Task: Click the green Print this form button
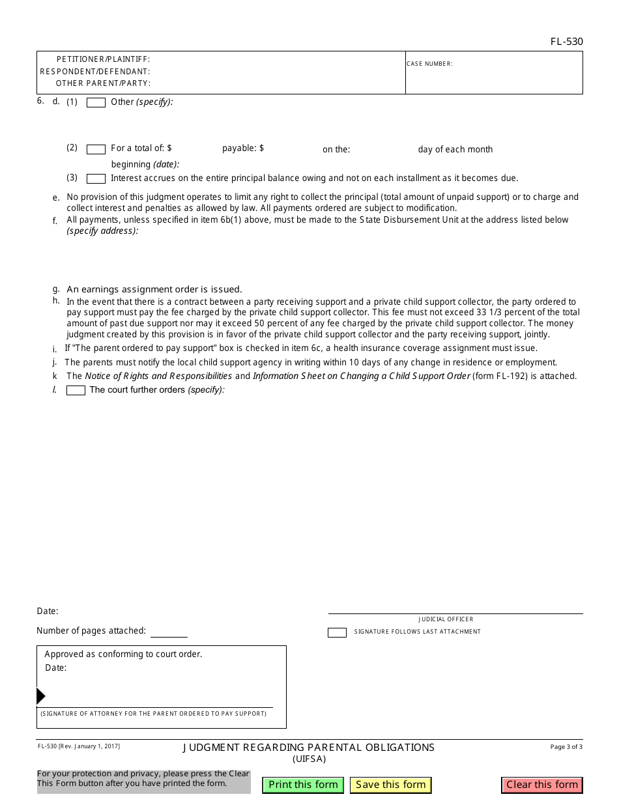pyautogui.click(x=303, y=785)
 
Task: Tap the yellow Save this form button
pyautogui.click(x=391, y=785)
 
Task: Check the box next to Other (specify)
pyautogui.click(x=96, y=103)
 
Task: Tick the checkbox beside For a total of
pyautogui.click(x=96, y=149)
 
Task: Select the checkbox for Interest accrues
pyautogui.click(x=96, y=179)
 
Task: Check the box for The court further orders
pyautogui.click(x=76, y=391)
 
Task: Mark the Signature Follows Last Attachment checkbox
pyautogui.click(x=337, y=632)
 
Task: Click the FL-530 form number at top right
pyautogui.click(x=566, y=42)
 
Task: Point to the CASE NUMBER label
pyautogui.click(x=429, y=64)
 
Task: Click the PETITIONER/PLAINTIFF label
pyautogui.click(x=103, y=59)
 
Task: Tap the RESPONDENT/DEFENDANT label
pyautogui.click(x=95, y=72)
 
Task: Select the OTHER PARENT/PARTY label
pyautogui.click(x=103, y=83)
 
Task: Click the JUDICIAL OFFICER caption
pyautogui.click(x=446, y=619)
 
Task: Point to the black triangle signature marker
pyautogui.click(x=40, y=696)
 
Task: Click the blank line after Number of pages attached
pyautogui.click(x=169, y=632)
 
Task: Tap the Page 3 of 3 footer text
pyautogui.click(x=566, y=747)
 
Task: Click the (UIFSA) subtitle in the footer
pyautogui.click(x=309, y=759)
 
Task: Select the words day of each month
pyautogui.click(x=455, y=150)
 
